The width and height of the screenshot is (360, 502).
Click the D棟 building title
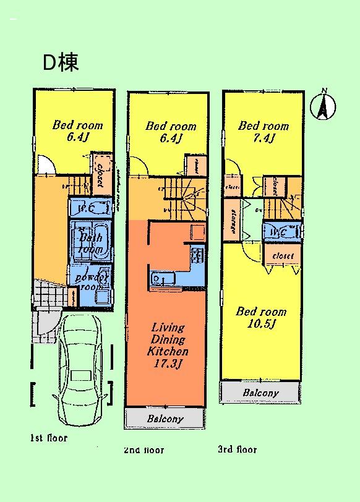click(x=60, y=62)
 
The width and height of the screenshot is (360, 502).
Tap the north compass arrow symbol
click(x=323, y=104)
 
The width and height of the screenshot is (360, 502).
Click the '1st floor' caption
click(x=48, y=438)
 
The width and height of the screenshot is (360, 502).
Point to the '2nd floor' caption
click(x=144, y=450)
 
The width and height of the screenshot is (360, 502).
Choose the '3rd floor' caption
click(x=237, y=449)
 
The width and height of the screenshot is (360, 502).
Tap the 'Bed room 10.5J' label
click(x=261, y=318)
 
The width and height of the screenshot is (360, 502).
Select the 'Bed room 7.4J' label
click(x=264, y=132)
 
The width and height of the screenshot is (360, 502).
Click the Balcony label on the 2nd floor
click(x=165, y=419)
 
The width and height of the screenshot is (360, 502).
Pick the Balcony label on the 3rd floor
click(x=260, y=393)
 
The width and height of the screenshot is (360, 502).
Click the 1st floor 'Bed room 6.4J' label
click(x=77, y=131)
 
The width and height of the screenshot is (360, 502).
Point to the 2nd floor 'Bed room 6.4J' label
click(x=171, y=132)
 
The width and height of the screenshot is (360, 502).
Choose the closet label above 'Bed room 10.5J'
click(x=283, y=255)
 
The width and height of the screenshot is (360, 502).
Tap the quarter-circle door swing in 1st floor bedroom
click(x=46, y=164)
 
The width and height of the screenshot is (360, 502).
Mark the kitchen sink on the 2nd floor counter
click(x=158, y=279)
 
